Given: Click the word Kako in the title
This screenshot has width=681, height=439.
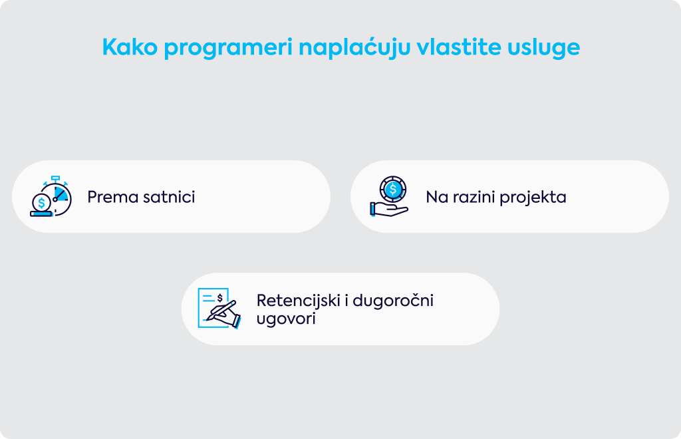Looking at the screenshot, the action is (x=130, y=47).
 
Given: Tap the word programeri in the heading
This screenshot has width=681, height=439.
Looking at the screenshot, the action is (x=228, y=49).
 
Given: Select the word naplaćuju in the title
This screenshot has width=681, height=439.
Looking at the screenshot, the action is (x=354, y=48).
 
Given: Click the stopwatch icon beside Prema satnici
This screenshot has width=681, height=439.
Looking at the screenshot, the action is (x=51, y=196).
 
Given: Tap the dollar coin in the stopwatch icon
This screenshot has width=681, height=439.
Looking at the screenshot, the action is (x=41, y=202).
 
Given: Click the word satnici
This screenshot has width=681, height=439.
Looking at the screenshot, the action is (x=169, y=197).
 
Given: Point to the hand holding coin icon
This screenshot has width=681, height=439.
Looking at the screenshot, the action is (x=389, y=196).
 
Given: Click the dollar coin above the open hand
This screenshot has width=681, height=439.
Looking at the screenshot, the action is (x=393, y=190).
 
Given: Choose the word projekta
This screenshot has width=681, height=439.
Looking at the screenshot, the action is (x=533, y=198).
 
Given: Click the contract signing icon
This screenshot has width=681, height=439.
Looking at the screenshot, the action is (x=219, y=309).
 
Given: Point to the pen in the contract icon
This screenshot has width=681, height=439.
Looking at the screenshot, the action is (x=221, y=310).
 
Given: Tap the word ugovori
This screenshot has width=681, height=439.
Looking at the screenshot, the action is (x=286, y=319).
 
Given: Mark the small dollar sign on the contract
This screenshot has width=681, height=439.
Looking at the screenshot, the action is (x=220, y=298).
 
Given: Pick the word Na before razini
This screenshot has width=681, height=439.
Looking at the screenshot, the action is (x=437, y=197).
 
